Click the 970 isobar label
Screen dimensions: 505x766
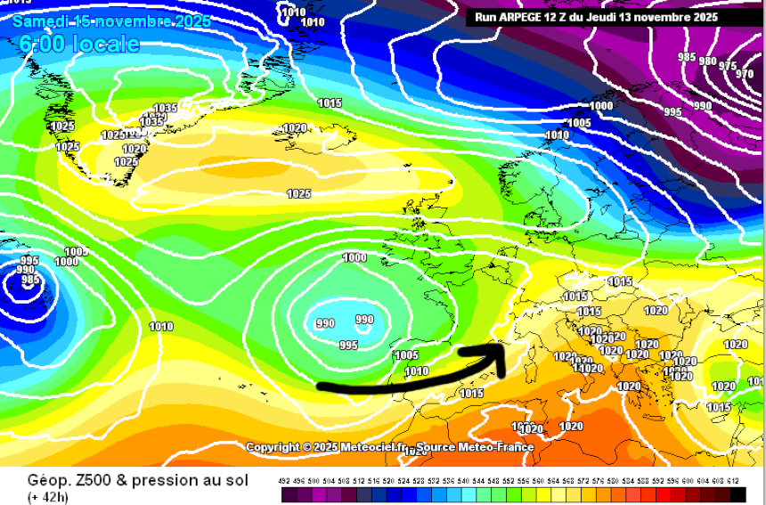click(745, 74)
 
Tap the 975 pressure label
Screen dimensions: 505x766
click(728, 66)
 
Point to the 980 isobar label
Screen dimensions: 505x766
click(708, 61)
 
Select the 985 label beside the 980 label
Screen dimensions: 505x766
click(687, 57)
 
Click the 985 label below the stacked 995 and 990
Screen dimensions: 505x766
click(29, 280)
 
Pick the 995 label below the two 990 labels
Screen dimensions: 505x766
click(348, 346)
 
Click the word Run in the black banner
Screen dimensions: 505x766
click(486, 17)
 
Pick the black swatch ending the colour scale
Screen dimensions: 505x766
click(738, 494)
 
